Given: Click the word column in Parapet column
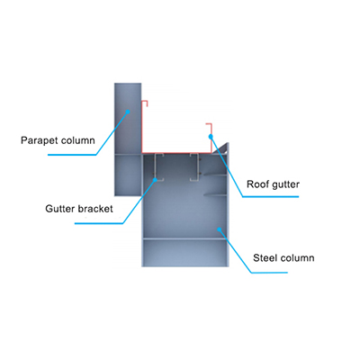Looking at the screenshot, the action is tap(77, 140).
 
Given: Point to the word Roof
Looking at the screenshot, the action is tap(256, 184).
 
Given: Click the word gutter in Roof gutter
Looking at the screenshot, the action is tap(284, 184).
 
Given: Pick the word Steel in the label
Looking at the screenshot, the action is tap(264, 257).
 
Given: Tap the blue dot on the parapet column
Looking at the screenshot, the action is tap(128, 112).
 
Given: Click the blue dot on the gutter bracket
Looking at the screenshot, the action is tap(155, 180).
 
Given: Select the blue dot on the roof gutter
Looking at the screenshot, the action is tap(211, 137).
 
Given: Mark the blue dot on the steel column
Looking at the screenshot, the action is tap(220, 229).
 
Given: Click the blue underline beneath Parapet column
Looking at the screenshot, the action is tap(72, 155).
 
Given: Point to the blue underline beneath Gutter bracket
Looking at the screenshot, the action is tap(99, 223).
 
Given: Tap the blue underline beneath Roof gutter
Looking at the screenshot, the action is tap(271, 197).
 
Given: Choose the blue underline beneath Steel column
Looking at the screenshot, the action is tap(269, 273).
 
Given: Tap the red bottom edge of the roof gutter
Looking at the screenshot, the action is tap(176, 153).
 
